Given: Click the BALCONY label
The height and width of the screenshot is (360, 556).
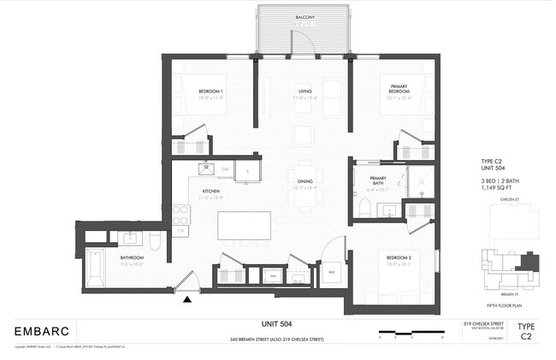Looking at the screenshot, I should [305, 17].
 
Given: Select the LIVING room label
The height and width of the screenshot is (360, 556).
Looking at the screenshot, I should [305, 91].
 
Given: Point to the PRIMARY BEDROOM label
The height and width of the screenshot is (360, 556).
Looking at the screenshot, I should [399, 89].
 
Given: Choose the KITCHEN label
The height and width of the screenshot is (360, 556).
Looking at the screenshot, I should [211, 192].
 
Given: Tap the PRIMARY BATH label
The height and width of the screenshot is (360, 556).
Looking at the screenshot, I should [378, 157].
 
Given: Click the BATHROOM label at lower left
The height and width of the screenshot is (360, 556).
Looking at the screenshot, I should [132, 257].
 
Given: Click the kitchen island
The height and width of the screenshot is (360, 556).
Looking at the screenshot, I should [245, 227].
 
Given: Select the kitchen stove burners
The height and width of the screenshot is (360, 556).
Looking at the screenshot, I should [180, 214].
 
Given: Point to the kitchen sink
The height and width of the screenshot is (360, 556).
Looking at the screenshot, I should [205, 168].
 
